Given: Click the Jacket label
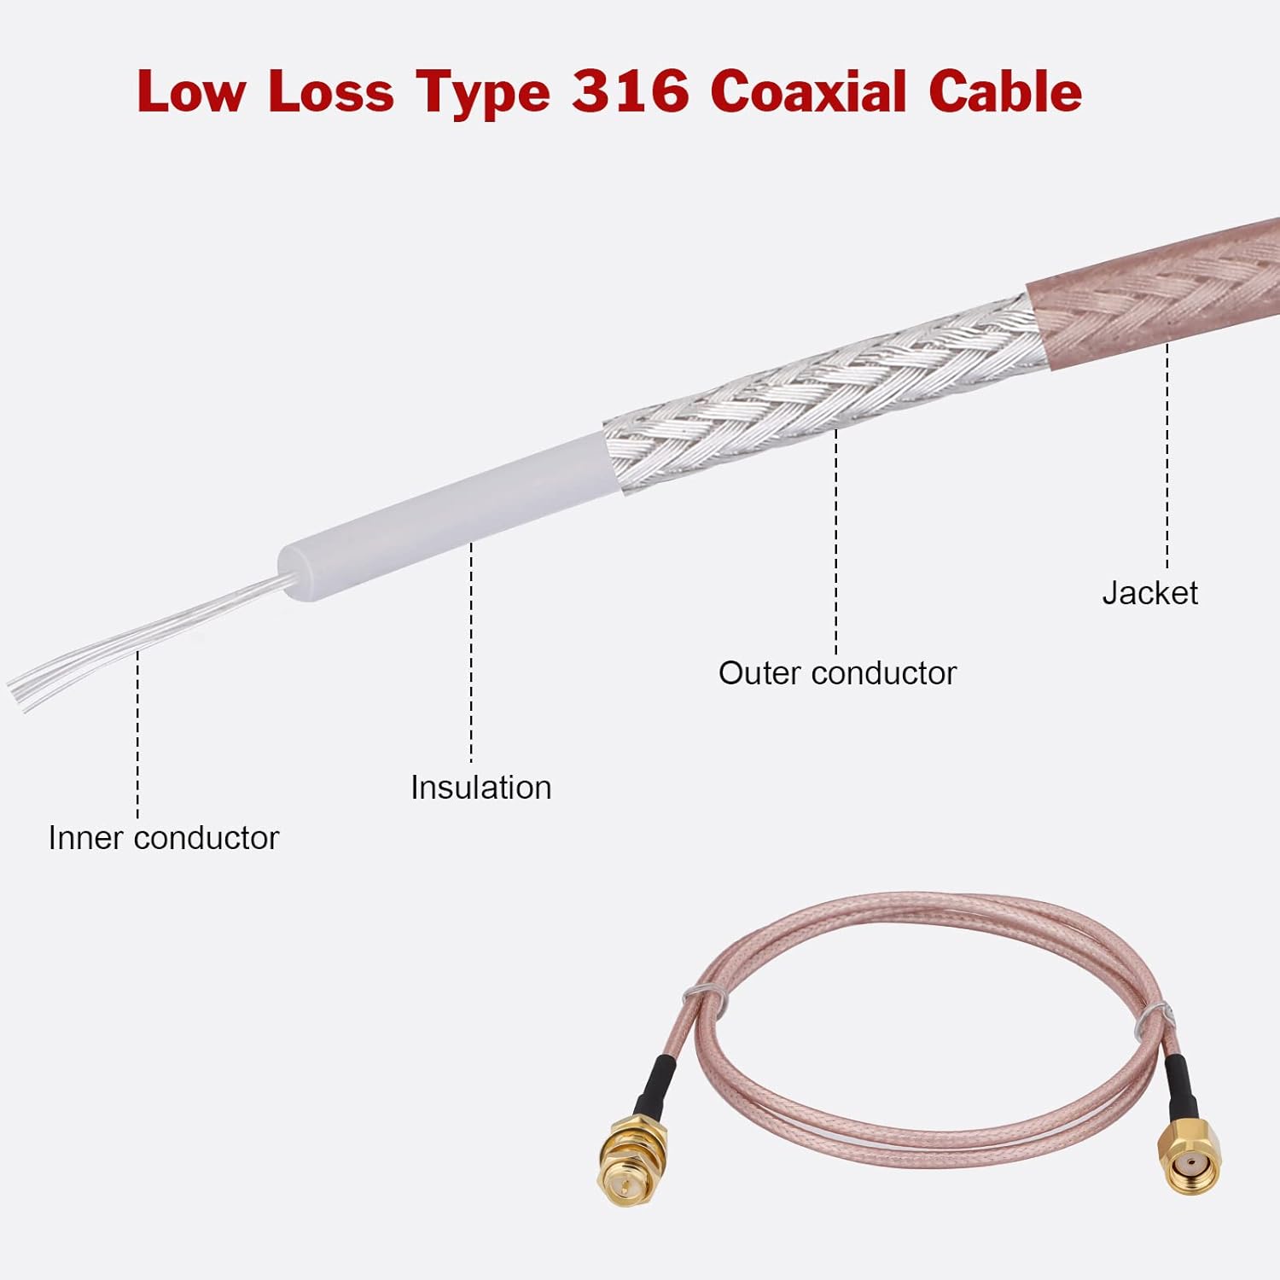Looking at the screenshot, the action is click(x=1149, y=593).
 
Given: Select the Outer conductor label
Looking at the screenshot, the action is click(x=837, y=673).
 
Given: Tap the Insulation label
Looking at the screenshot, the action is click(x=480, y=788).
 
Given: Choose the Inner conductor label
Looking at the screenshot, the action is click(x=163, y=838).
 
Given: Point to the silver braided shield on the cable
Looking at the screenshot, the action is click(x=819, y=393).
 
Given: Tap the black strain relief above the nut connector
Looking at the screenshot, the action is click(x=655, y=1084).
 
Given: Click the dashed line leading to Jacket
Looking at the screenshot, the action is click(x=1167, y=461).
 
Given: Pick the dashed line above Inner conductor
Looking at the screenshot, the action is click(x=137, y=734).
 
